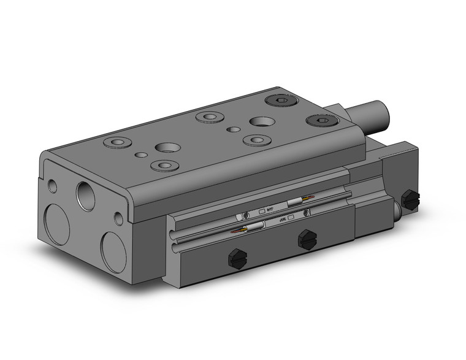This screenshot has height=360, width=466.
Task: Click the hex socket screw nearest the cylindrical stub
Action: coord(320,121)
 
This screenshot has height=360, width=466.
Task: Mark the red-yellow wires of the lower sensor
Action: coord(237,231)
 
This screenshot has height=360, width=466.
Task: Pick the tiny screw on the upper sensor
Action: coord(245,215)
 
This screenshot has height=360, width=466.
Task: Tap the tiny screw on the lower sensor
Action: coord(307,212)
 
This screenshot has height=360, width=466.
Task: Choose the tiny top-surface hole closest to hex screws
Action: coord(232,129)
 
